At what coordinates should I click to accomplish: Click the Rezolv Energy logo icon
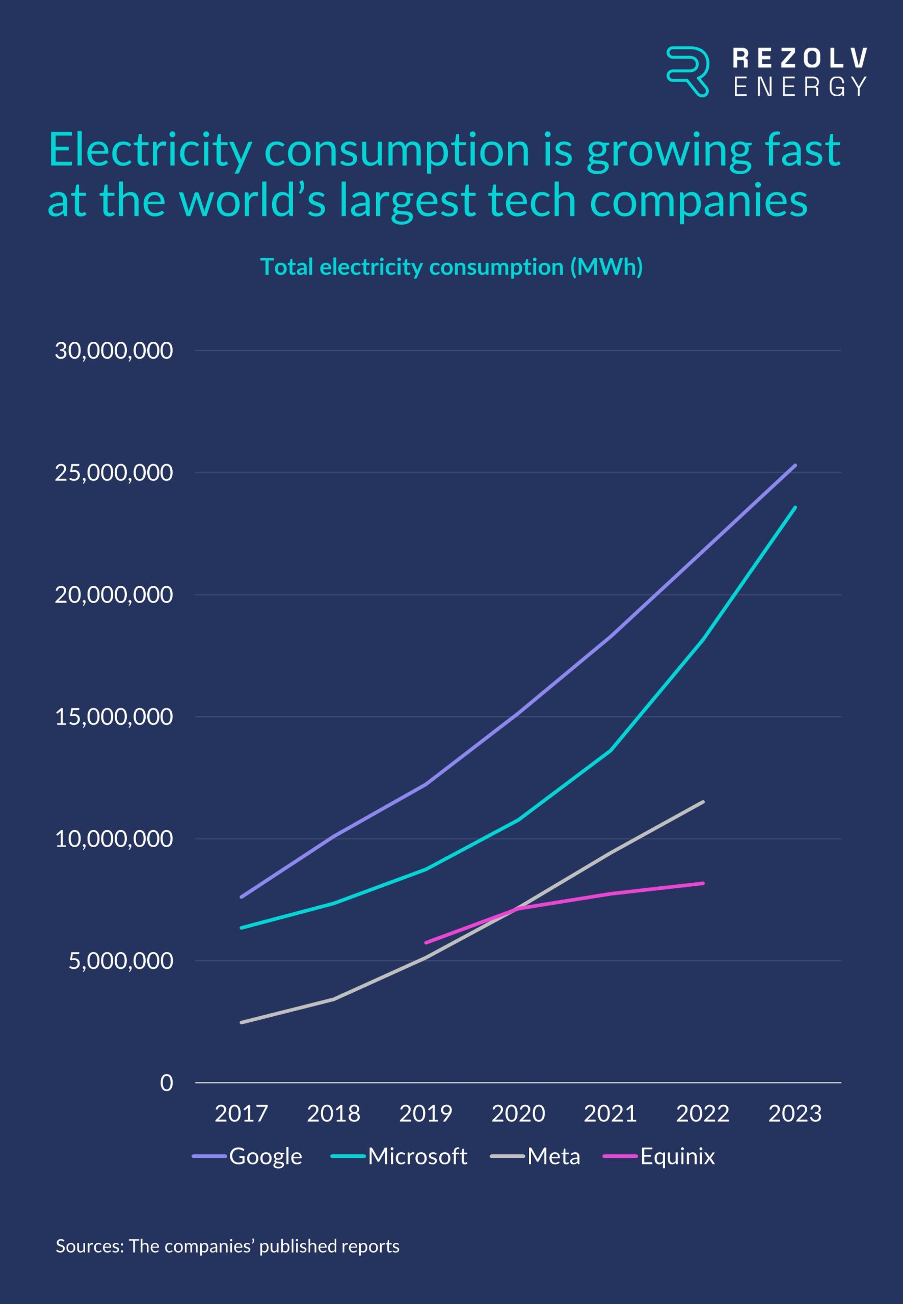click(x=687, y=71)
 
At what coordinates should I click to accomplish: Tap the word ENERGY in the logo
click(x=800, y=87)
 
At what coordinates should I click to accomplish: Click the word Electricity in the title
click(x=150, y=150)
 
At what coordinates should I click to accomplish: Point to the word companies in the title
click(x=698, y=200)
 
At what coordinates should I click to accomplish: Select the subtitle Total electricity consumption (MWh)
click(x=451, y=267)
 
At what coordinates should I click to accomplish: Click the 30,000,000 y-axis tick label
click(x=114, y=350)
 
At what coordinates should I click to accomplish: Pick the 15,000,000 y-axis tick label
click(x=114, y=717)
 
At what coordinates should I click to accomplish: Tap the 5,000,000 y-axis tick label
click(x=120, y=961)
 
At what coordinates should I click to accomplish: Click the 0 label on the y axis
click(x=166, y=1082)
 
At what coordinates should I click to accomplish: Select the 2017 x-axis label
click(x=241, y=1113)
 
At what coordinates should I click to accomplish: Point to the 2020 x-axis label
click(x=518, y=1113)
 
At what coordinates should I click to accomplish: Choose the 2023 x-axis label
click(x=794, y=1113)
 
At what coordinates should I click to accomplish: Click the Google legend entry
click(x=265, y=1156)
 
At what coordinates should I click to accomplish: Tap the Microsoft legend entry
click(x=417, y=1156)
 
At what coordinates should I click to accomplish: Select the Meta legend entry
click(x=553, y=1156)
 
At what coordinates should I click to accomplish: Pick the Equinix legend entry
click(x=677, y=1156)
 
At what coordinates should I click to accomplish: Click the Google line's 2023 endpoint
click(x=795, y=466)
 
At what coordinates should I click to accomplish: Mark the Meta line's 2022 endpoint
click(x=703, y=801)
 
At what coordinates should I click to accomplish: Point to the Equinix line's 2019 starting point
click(x=426, y=943)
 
